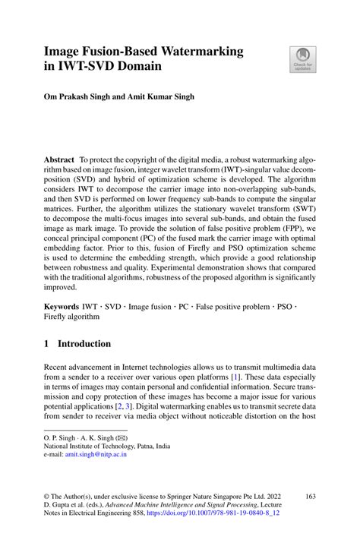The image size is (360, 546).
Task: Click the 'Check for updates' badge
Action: pos(302,60)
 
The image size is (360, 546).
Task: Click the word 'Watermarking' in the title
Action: pos(199,52)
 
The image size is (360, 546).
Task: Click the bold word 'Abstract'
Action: pos(59,160)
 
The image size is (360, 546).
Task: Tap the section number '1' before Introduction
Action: pos(47,343)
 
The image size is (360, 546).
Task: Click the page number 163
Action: pos(309,497)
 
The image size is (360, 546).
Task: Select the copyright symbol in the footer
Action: pos(46,497)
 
